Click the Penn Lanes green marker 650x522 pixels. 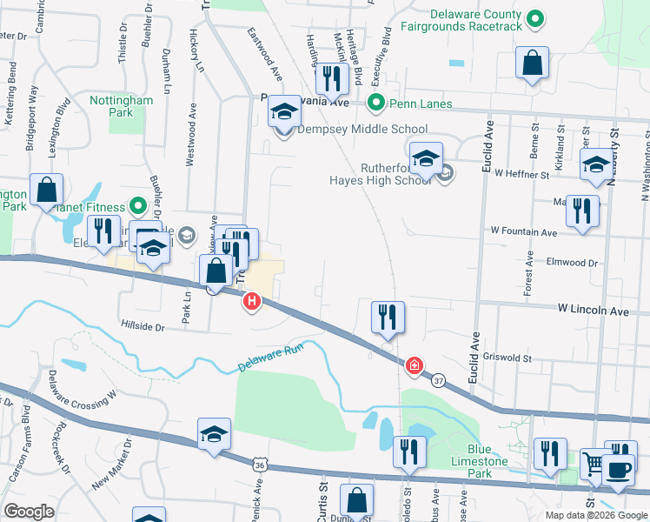(x=376, y=104)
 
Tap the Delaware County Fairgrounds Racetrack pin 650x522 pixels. (x=536, y=18)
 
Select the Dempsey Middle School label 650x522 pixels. (x=362, y=130)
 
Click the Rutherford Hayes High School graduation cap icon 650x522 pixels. (x=426, y=159)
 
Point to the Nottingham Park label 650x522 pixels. (x=122, y=107)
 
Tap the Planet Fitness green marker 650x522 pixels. (x=137, y=206)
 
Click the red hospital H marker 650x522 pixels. (x=252, y=302)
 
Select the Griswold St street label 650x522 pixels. (x=507, y=357)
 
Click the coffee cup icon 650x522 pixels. (x=618, y=470)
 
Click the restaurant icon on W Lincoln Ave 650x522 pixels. (x=387, y=317)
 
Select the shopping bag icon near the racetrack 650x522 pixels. (x=532, y=64)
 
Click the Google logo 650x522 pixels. (x=30, y=512)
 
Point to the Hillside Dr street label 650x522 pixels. (x=143, y=327)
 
